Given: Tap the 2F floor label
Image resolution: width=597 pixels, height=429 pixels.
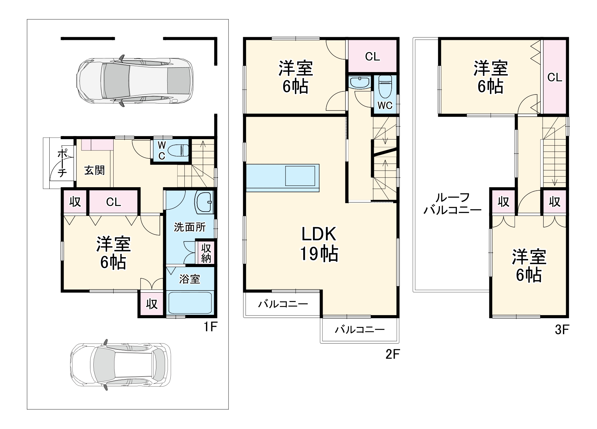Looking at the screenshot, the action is tap(392, 354).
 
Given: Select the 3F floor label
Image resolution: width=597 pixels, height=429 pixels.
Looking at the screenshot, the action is tap(562, 329).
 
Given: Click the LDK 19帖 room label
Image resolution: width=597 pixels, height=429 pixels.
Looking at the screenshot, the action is tap(319, 244).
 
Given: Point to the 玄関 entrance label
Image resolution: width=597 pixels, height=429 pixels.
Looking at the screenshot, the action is tap(94, 170).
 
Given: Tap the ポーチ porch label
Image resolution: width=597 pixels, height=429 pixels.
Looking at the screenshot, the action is tap(62, 163).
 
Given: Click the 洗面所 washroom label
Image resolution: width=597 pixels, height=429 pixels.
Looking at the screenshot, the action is tap(190, 227).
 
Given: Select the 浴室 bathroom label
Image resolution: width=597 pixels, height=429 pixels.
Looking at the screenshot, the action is tap(190, 279).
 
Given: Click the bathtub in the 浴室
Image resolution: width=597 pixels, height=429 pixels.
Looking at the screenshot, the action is tap(190, 302).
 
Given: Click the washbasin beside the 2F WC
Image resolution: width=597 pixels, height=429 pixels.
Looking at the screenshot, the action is tap(360, 83).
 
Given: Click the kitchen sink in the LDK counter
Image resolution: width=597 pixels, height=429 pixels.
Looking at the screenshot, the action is tap(300, 176).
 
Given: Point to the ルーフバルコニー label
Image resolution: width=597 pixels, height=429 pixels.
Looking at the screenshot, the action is tap(453, 203).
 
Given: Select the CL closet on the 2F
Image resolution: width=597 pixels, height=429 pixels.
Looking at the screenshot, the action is tap(372, 56).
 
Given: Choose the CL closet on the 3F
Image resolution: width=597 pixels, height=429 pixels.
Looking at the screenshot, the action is tap(555, 77).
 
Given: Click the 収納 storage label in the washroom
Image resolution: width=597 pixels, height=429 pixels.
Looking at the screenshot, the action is tap(206, 253).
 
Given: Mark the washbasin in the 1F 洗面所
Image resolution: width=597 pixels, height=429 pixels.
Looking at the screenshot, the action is tap(204, 202).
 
